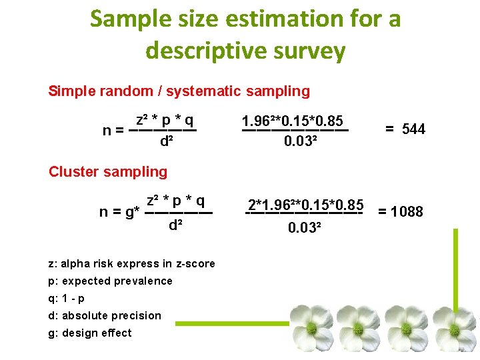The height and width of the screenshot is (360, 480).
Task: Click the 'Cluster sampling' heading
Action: coord(108,171)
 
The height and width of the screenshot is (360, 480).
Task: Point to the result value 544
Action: coord(413,129)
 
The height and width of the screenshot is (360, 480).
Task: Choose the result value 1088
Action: coord(407,212)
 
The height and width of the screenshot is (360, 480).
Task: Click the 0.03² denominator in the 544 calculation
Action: coord(301,141)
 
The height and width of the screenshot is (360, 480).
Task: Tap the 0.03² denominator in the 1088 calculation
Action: coord(305,228)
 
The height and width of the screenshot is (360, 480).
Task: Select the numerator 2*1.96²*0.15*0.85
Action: coord(305,204)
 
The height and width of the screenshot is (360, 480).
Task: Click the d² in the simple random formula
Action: coord(167,141)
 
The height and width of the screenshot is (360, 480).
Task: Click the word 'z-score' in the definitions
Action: coord(193,263)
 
